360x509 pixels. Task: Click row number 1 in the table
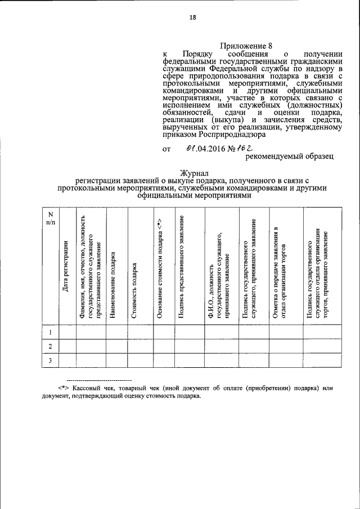tap(50, 332)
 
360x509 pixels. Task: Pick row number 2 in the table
tap(50, 346)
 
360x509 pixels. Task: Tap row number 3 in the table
tap(50, 361)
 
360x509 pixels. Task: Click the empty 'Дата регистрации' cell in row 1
tap(67, 332)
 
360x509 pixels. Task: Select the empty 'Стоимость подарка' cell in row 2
tap(140, 346)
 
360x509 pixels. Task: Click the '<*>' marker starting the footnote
tap(63, 388)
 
